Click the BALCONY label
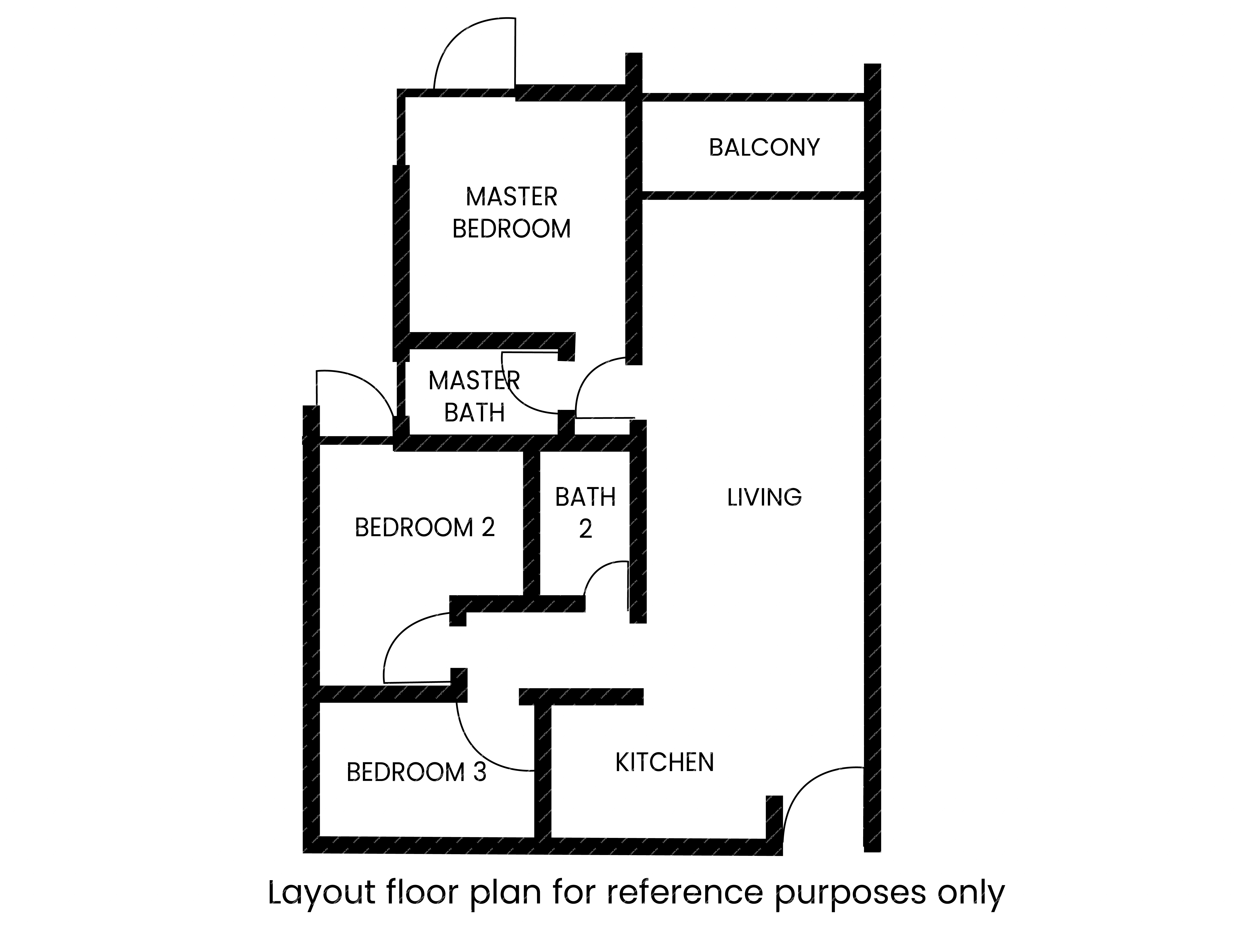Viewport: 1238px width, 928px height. [764, 148]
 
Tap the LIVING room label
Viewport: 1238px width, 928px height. [764, 497]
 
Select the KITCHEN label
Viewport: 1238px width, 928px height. [664, 762]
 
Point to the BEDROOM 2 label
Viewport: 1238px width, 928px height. [425, 527]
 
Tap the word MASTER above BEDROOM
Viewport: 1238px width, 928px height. [512, 197]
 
